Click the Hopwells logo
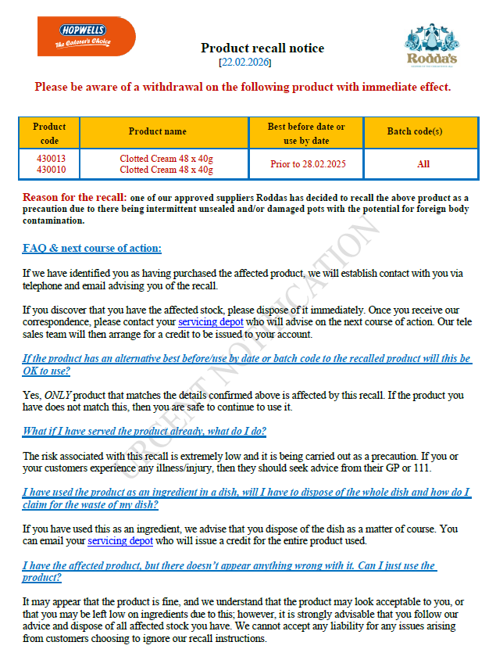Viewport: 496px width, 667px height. pos(86,36)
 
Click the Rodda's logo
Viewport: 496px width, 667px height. pos(432,45)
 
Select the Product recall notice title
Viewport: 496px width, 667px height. pos(262,48)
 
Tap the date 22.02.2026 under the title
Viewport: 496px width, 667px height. pos(245,62)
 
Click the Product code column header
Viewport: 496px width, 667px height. pos(49,134)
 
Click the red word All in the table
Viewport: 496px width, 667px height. pos(423,164)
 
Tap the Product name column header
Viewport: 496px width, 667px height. pos(158,131)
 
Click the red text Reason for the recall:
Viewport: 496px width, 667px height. pos(74,197)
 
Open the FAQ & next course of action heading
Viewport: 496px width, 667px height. pos(92,249)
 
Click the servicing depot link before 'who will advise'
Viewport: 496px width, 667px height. pos(211,321)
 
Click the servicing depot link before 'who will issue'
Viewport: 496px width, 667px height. pos(120,540)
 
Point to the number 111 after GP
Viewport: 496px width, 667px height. pos(422,468)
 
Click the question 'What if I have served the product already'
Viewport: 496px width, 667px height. pos(145,432)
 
